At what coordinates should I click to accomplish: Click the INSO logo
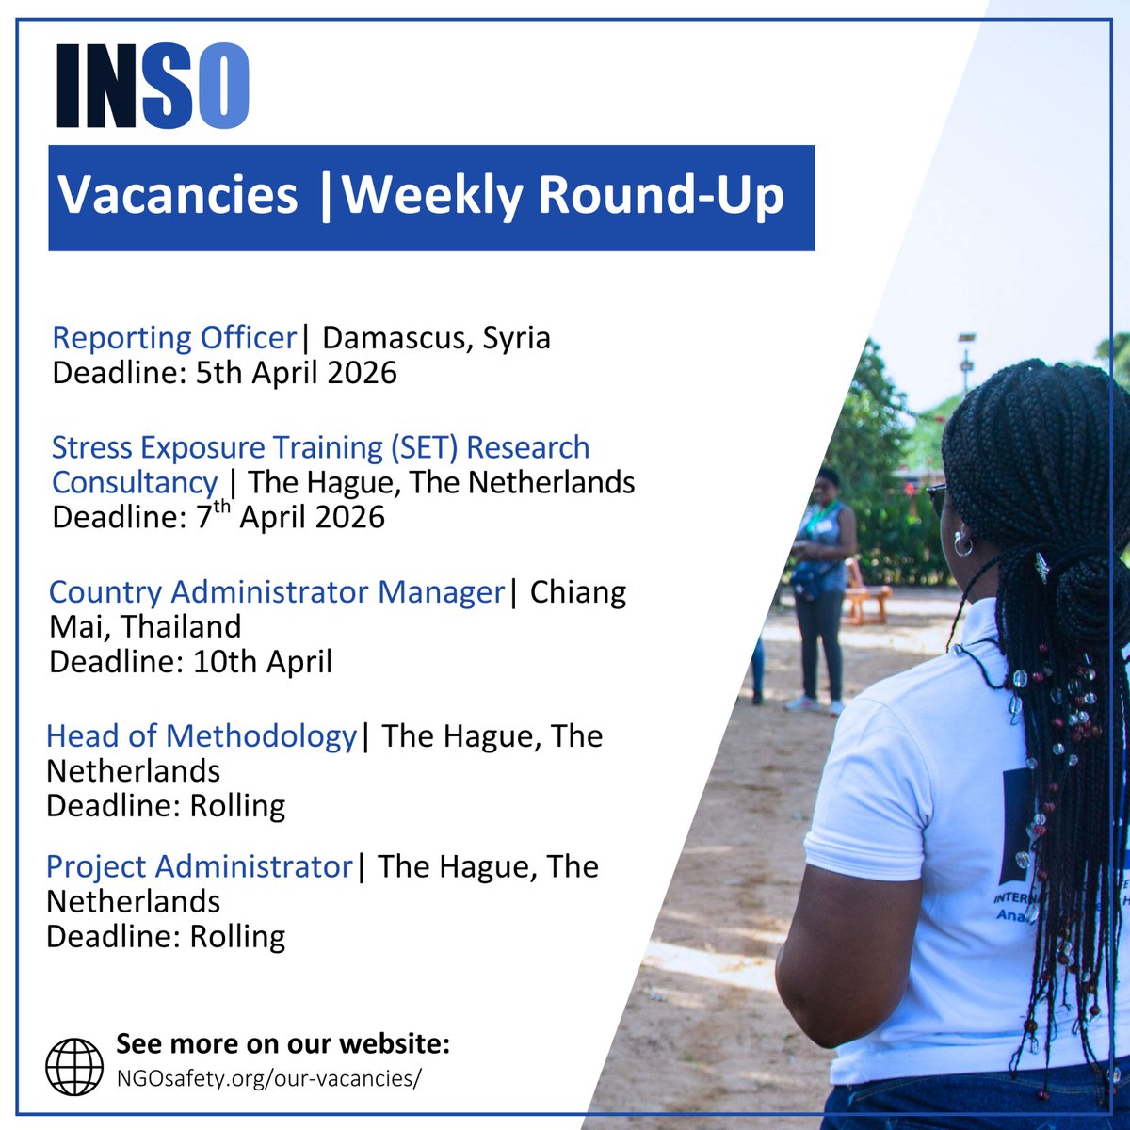(153, 85)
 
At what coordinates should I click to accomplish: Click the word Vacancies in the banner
(178, 196)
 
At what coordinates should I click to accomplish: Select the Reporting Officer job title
(174, 337)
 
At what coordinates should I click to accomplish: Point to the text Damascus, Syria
(436, 337)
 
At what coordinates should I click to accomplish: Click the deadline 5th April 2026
(296, 373)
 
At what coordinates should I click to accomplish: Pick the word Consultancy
(135, 482)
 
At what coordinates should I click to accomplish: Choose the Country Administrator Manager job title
(277, 592)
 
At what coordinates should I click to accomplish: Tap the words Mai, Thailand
(145, 627)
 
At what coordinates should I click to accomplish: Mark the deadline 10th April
(263, 662)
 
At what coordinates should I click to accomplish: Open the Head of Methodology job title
(202, 735)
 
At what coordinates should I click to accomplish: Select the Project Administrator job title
(199, 866)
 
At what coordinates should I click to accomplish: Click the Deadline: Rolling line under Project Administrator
(166, 937)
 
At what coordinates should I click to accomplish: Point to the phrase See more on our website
(282, 1044)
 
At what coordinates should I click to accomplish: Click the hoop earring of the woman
(962, 543)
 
